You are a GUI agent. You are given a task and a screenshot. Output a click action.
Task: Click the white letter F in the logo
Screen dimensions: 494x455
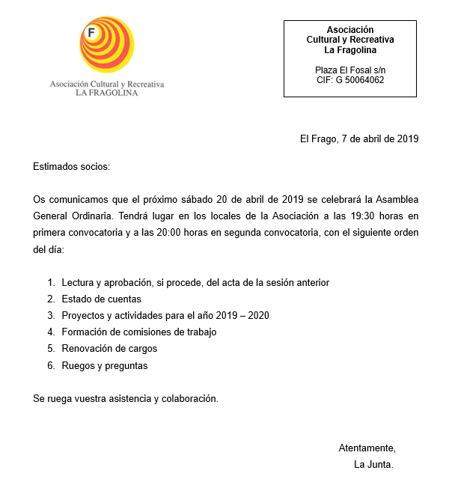point(91,33)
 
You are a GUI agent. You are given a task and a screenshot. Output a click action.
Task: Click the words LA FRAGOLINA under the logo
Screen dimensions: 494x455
point(107,94)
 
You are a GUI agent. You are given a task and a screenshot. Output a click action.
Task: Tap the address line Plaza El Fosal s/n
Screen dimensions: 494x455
point(350,70)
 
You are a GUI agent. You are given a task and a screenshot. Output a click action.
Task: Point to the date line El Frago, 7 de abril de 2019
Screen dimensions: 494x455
point(358,138)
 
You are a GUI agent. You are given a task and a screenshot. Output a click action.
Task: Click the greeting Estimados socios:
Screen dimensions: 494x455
point(71,166)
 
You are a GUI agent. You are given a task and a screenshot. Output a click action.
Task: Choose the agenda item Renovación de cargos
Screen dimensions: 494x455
point(109,348)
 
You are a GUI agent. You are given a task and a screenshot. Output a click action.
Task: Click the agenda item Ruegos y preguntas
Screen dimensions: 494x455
point(105,366)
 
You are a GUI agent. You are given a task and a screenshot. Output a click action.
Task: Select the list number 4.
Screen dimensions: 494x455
point(51,332)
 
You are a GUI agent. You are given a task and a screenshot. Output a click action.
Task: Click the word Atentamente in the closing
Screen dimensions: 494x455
point(366,448)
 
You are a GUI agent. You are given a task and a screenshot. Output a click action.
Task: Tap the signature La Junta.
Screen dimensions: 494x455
point(373,464)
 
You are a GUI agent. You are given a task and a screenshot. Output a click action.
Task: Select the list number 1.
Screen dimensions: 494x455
point(51,282)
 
